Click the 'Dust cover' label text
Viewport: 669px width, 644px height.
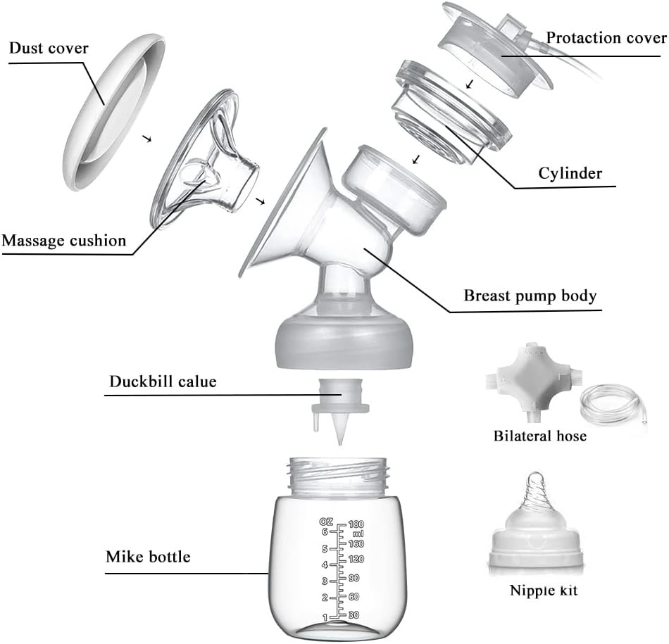click(49, 49)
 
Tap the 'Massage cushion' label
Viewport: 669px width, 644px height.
click(64, 241)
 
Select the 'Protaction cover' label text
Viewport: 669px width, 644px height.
click(606, 37)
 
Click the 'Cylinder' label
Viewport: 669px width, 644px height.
click(570, 173)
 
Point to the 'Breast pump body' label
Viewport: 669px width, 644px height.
click(529, 296)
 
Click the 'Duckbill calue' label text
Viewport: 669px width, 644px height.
click(163, 382)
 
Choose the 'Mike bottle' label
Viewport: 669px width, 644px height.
click(148, 557)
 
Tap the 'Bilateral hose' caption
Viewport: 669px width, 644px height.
click(539, 436)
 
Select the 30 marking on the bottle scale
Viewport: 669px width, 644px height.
click(354, 614)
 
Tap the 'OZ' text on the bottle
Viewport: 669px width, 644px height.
click(325, 522)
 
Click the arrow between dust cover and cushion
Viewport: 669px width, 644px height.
click(147, 139)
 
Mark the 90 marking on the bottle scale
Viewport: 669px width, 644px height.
click(354, 578)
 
